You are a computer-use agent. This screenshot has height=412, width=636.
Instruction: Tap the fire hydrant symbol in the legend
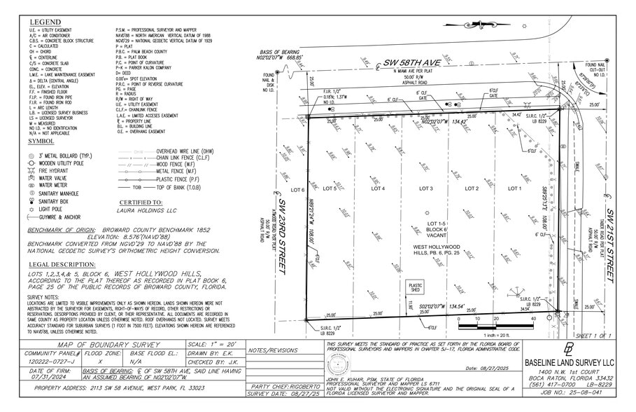click(31, 170)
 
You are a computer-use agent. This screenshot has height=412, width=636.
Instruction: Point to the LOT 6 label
click(297, 189)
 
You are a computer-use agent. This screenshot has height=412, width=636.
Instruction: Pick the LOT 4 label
click(378, 188)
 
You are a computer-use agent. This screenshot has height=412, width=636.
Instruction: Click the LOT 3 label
click(426, 188)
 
